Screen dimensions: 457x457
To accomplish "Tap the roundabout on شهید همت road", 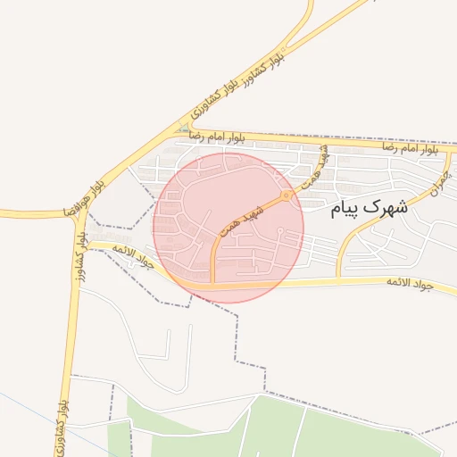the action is pos(286,195).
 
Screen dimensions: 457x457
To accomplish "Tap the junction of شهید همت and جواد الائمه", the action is pos(212,285).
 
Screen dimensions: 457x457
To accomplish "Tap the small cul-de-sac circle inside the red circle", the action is pos(280,232).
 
